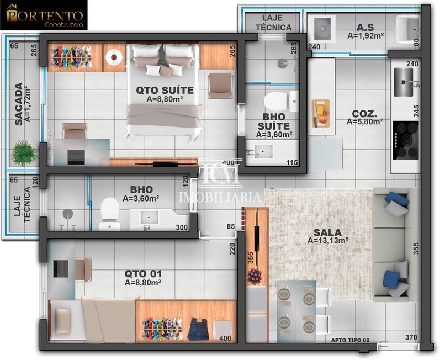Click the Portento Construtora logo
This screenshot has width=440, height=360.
(x=45, y=17)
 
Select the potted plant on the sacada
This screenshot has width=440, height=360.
(x=24, y=151)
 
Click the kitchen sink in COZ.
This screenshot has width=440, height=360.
(x=405, y=83)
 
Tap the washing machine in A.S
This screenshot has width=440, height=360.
(x=320, y=27)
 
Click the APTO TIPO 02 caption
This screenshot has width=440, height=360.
(x=350, y=341)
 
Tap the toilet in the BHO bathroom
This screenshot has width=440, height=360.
(x=109, y=212)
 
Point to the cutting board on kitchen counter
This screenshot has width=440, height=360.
(x=320, y=113)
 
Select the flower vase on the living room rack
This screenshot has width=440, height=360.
(x=255, y=276)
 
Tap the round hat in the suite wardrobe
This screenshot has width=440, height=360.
(x=114, y=56)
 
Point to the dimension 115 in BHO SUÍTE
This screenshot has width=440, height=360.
(x=292, y=162)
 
